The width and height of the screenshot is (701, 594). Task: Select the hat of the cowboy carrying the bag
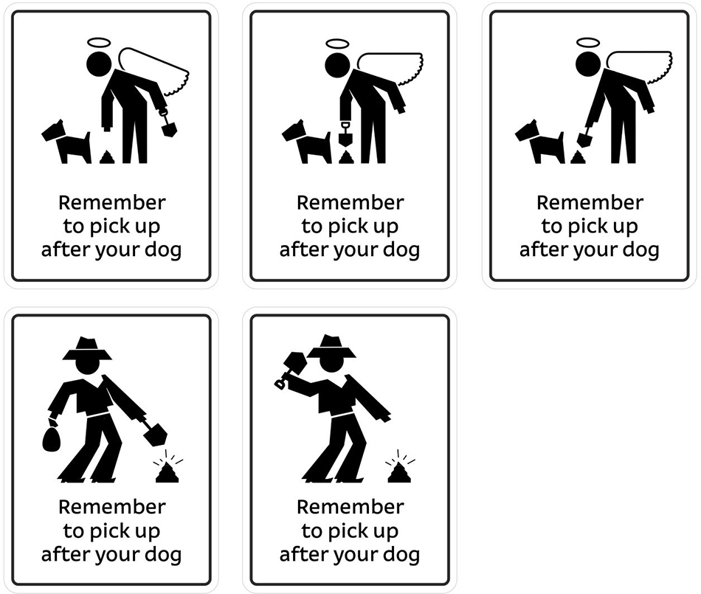(87, 348)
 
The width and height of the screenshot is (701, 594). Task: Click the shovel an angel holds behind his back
(169, 127)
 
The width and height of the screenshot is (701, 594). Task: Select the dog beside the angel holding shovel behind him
(65, 141)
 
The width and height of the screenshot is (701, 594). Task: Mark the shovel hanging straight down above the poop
(345, 137)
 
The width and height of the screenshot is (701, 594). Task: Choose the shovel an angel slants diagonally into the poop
(584, 137)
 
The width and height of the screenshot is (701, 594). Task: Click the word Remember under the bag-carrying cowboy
(112, 507)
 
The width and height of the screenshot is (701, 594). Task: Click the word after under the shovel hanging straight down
(300, 249)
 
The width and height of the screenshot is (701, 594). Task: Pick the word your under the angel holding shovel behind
(121, 250)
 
